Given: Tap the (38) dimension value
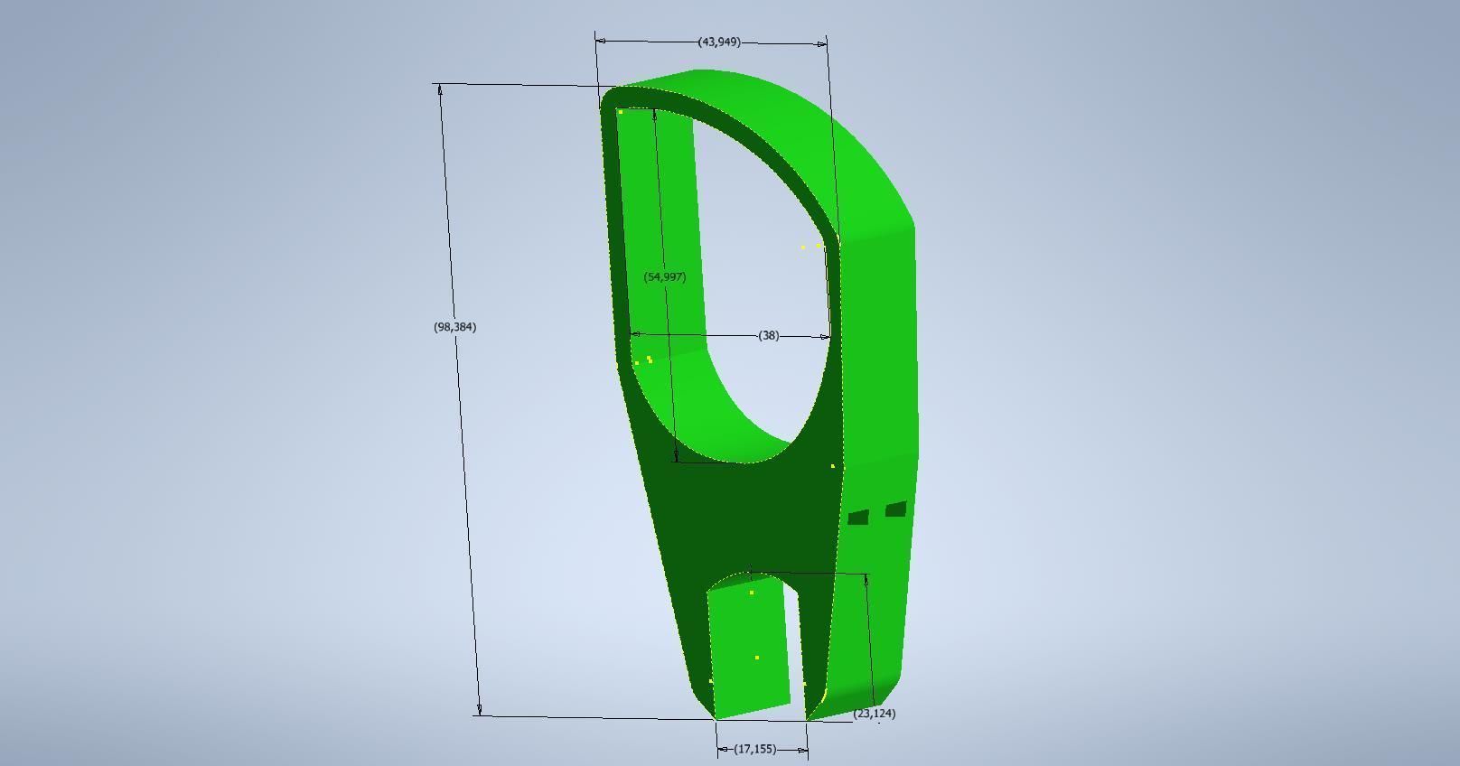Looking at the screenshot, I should tap(768, 335).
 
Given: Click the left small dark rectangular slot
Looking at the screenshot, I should tap(858, 518).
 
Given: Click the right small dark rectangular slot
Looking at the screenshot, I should tap(895, 509).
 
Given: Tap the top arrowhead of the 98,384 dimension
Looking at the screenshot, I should tap(440, 89).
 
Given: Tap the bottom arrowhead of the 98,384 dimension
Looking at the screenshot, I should tap(479, 710).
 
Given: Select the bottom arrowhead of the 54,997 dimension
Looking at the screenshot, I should tap(676, 456).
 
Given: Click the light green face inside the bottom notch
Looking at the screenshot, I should tap(748, 646).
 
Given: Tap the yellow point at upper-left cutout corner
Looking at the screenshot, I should tap(621, 112).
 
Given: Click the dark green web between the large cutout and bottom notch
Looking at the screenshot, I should tap(750, 515).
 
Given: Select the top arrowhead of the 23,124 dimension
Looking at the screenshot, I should tap(867, 580).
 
